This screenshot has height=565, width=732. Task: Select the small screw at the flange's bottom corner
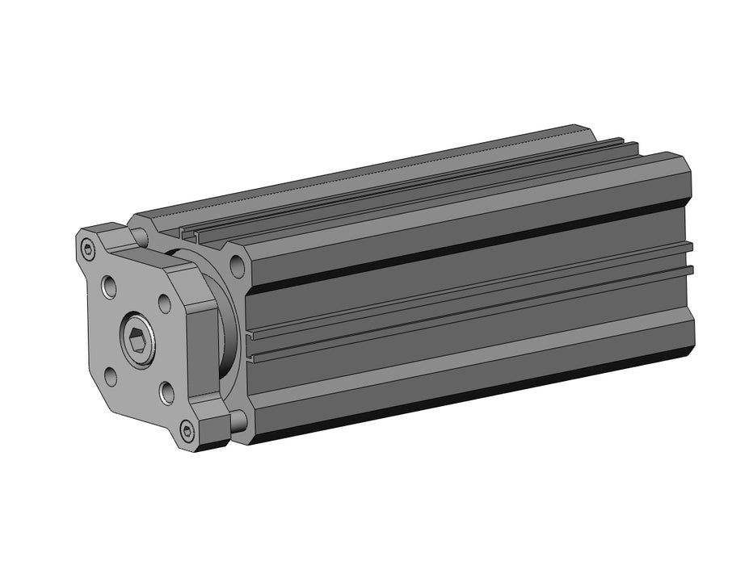pyautogui.click(x=187, y=433)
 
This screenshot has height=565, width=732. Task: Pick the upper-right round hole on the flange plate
pyautogui.click(x=164, y=303)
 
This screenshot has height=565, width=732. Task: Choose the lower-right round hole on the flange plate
pyautogui.click(x=166, y=393)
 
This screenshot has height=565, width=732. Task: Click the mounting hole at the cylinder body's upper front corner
pyautogui.click(x=238, y=263)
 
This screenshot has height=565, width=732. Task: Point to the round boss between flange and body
pyautogui.click(x=229, y=323)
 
